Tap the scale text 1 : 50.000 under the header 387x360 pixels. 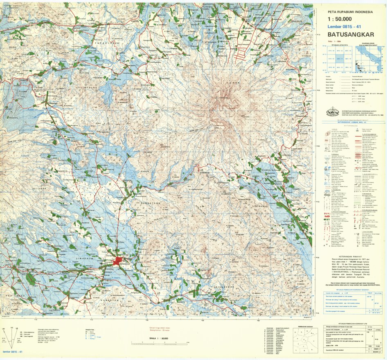[x=340, y=19]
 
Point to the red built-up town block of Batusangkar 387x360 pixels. [x=119, y=261]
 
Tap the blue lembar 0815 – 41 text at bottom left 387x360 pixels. [x=12, y=352]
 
